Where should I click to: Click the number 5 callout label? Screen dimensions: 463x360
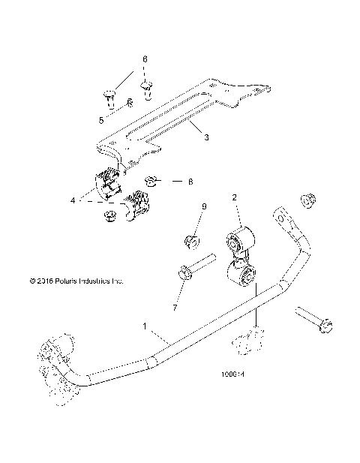101,118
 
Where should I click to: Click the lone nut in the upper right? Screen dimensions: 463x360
307,200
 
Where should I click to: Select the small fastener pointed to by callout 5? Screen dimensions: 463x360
129,104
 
